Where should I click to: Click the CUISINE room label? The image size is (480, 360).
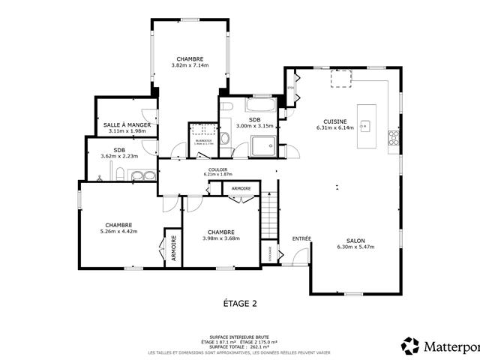[x=334, y=121]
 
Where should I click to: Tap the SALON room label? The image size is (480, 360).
[x=355, y=240]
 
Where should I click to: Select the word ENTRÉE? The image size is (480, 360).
[x=301, y=238]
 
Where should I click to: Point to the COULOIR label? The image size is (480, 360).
[x=218, y=169]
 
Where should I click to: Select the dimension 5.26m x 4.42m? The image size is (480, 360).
[x=119, y=231]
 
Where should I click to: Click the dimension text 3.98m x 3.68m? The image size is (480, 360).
[x=221, y=238]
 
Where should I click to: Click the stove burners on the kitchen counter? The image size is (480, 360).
[x=392, y=136]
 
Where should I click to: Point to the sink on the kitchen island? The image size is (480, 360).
[x=367, y=124]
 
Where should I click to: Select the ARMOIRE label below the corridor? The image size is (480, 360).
[x=241, y=187]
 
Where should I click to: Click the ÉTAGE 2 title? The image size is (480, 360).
[x=241, y=304]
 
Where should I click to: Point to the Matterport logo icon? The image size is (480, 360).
[x=410, y=346]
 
